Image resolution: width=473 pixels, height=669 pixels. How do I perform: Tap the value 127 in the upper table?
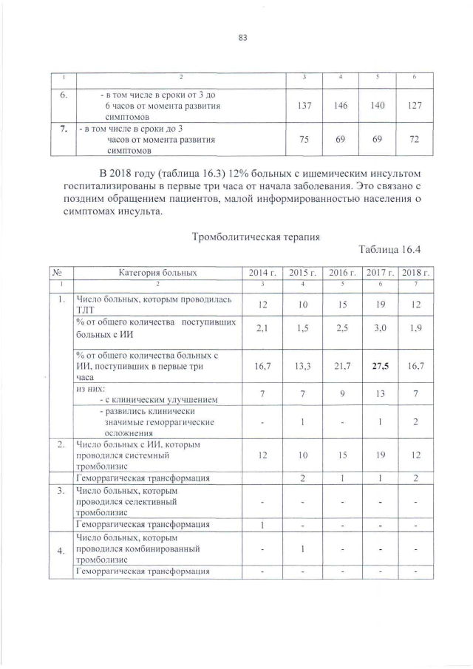[415, 106]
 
